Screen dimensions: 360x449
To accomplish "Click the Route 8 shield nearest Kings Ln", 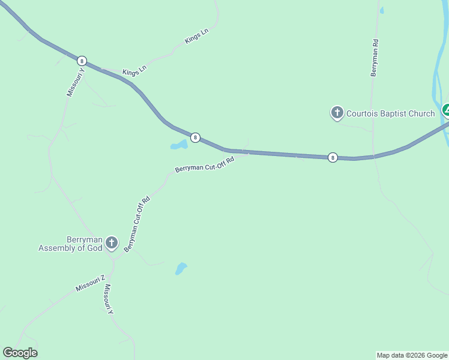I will coord(82,61).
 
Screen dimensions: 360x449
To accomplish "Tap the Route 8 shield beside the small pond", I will coord(195,137).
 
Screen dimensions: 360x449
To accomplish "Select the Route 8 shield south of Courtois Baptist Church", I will coord(333,157).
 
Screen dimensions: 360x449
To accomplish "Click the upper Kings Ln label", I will coord(196,37).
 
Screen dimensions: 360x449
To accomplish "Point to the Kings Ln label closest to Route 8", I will coord(134,72).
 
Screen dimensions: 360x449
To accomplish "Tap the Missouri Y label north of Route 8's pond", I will coord(76,82).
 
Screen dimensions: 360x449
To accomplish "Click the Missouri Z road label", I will coord(91,283).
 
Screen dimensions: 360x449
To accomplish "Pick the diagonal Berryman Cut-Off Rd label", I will coord(137,223).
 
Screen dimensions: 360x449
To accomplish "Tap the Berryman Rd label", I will coord(374,58).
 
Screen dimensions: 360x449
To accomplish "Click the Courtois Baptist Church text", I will coord(391,113).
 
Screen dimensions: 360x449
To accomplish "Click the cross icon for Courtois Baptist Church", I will coord(337,112).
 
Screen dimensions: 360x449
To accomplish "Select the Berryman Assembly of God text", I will coord(70,243).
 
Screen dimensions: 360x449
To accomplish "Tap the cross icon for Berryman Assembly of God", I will coord(111,243).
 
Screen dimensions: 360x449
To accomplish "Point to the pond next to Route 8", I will coord(179,145).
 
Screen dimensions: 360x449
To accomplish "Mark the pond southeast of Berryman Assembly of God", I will coord(181,268).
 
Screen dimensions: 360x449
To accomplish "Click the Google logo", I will coord(20,353).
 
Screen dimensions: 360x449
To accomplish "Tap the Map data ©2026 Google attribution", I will coord(412,355).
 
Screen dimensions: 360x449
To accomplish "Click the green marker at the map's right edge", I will coord(446,110).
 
